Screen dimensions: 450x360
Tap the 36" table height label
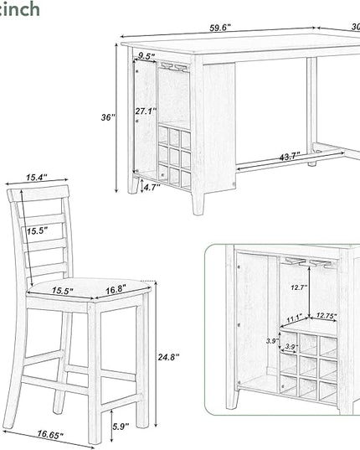[106, 118]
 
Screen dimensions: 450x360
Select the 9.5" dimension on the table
[147, 57]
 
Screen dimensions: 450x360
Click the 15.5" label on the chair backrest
[37, 230]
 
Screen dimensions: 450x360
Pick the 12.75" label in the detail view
[327, 316]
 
